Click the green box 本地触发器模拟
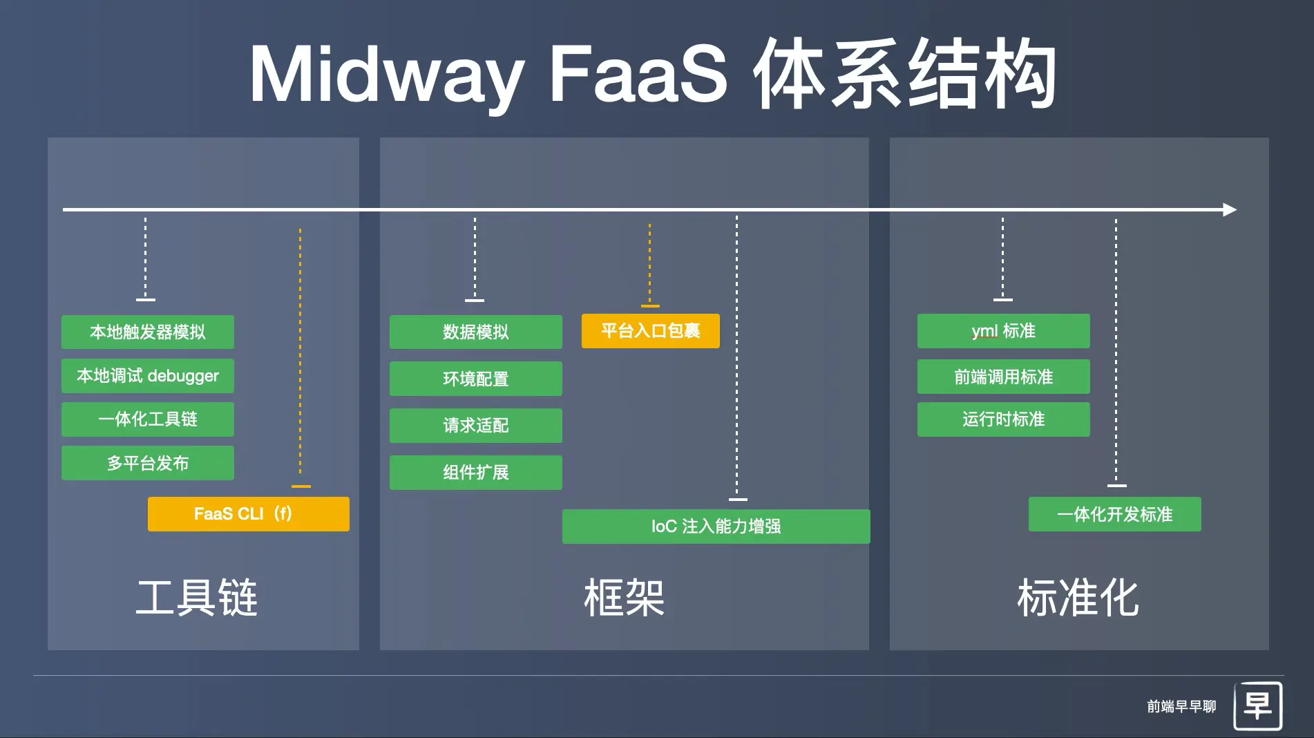point(147,332)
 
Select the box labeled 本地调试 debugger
point(147,376)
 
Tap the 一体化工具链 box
point(147,419)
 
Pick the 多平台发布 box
point(147,463)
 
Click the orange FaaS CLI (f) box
point(248,514)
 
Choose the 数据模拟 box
point(475,332)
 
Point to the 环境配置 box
point(475,379)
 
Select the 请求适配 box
point(475,426)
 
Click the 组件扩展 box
point(475,473)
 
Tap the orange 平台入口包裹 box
point(650,331)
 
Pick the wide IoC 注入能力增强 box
point(716,527)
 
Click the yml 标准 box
point(1003,331)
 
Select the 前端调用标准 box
point(1003,377)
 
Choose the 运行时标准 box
point(1003,419)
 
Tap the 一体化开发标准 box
point(1114,514)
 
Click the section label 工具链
point(197,598)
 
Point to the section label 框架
point(624,598)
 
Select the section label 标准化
point(1078,598)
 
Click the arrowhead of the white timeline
point(1230,209)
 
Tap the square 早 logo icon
point(1257,706)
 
